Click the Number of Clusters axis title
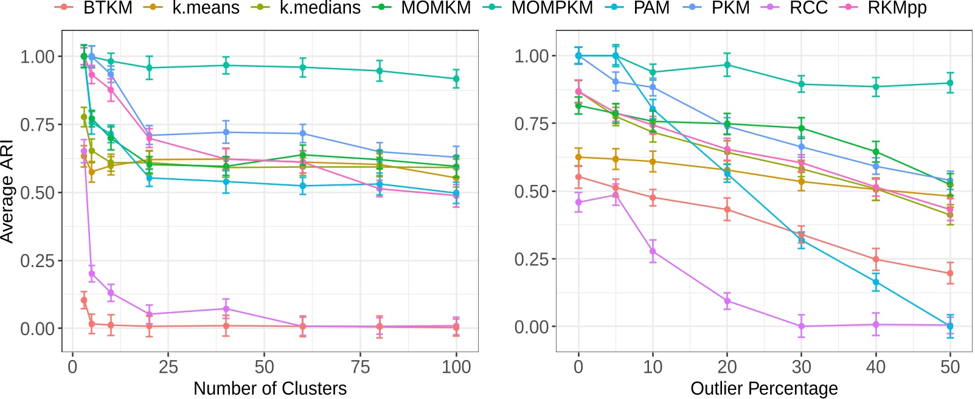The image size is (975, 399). click(270, 388)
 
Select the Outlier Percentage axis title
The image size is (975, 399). click(764, 388)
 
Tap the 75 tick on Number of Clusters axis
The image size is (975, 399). click(361, 367)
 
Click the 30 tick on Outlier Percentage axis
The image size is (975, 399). click(801, 367)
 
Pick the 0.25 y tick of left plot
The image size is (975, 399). click(37, 261)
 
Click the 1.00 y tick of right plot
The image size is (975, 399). click(531, 56)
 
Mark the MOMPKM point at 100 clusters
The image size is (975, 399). click(456, 78)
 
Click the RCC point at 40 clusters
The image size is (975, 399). click(226, 309)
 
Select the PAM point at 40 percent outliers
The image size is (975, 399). click(876, 282)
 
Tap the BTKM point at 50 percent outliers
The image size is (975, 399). click(950, 274)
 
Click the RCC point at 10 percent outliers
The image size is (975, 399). click(653, 251)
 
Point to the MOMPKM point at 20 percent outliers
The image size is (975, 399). click(727, 65)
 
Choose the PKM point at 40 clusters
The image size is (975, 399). click(226, 132)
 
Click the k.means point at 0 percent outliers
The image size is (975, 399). click(578, 157)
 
